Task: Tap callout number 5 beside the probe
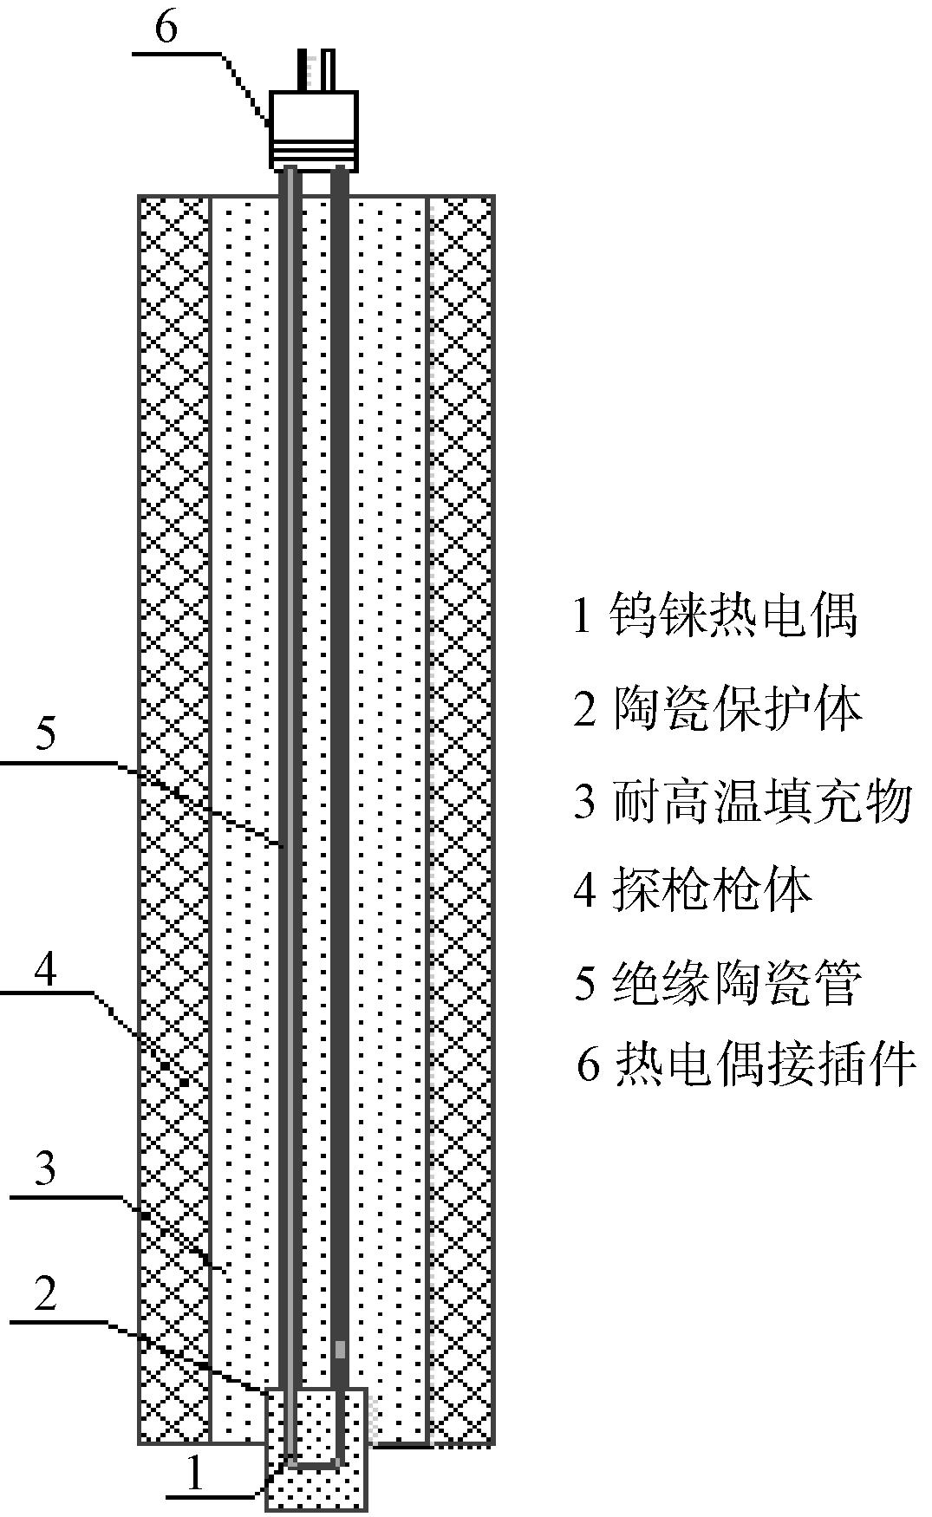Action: coord(46,732)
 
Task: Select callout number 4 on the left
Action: coord(46,968)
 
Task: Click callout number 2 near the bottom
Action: coord(45,1293)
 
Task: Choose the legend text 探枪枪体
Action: coord(713,890)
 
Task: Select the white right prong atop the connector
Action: coord(327,70)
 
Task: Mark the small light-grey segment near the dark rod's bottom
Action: coord(340,1349)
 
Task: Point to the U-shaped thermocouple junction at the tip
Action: coord(316,1462)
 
